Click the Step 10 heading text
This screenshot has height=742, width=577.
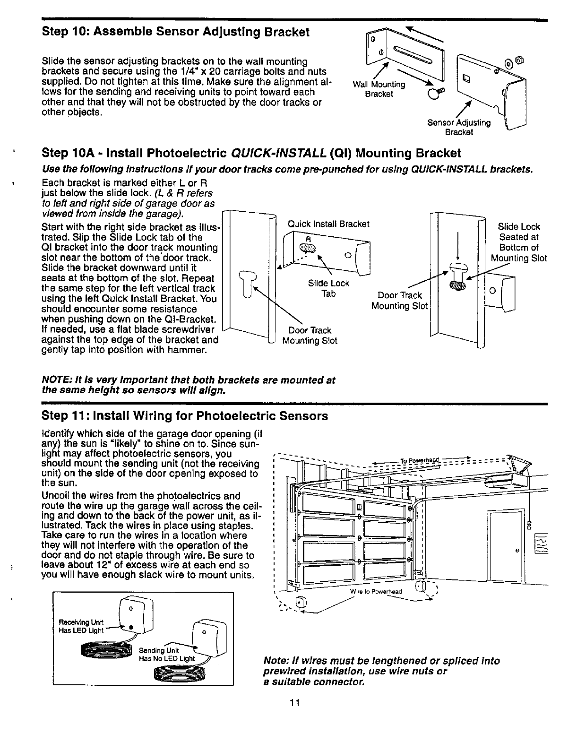[175, 32]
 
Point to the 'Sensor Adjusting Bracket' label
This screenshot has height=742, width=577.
[459, 128]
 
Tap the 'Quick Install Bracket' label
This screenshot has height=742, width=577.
[328, 224]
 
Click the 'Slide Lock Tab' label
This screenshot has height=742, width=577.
[328, 288]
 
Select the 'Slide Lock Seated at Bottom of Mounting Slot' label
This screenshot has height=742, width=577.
[519, 242]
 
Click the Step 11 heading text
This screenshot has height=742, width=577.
[185, 416]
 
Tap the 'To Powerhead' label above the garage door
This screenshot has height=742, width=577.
[420, 461]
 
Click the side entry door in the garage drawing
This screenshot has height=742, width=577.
[507, 544]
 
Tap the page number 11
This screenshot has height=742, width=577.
[295, 702]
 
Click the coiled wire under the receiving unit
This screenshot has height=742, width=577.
[105, 650]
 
